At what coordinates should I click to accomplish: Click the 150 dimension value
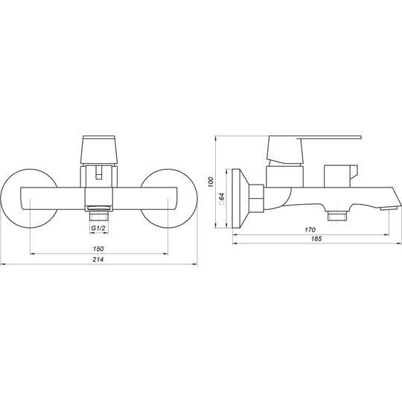[x=98, y=249]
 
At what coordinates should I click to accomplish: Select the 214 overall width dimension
[x=98, y=259]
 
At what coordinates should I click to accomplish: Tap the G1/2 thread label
[x=98, y=228]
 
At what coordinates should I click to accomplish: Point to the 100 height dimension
[x=211, y=182]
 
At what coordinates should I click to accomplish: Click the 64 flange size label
[x=222, y=197]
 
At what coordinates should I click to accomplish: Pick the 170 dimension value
[x=310, y=230]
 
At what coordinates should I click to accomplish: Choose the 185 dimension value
[x=316, y=239]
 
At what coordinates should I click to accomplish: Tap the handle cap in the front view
[x=99, y=150]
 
